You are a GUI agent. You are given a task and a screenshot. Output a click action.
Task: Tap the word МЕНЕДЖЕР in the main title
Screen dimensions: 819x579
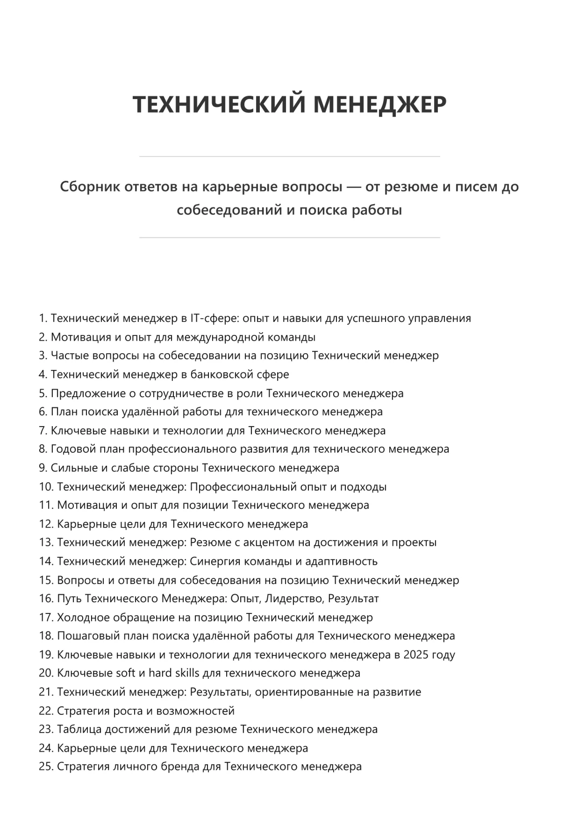379,104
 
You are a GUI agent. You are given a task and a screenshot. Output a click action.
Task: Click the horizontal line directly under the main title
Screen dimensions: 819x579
289,157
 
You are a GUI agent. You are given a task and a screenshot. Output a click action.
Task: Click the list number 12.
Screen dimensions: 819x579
46,524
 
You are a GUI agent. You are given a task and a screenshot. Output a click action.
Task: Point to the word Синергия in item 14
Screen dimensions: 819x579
214,561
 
